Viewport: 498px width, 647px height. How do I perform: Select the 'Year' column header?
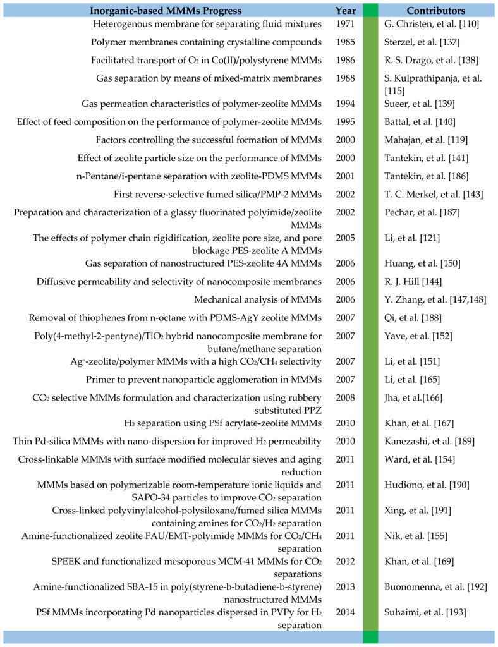pyautogui.click(x=346, y=11)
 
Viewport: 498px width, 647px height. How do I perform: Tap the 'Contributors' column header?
pyautogui.click(x=436, y=11)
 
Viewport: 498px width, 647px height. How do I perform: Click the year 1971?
pyautogui.click(x=346, y=24)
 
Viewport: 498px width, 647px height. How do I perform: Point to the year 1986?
pyautogui.click(x=346, y=60)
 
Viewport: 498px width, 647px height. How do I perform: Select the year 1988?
pyautogui.click(x=346, y=78)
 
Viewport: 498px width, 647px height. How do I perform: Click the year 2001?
pyautogui.click(x=346, y=174)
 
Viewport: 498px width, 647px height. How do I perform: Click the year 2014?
pyautogui.click(x=346, y=612)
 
